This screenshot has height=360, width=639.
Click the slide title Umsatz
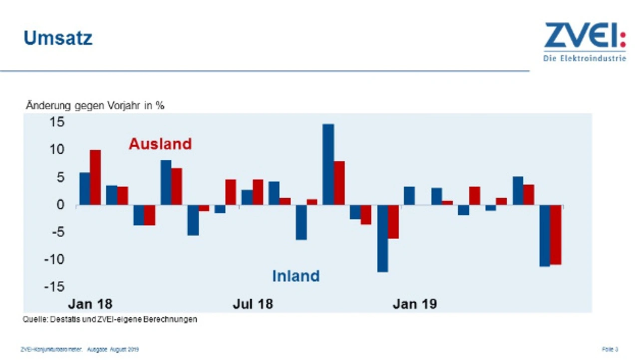click(x=58, y=38)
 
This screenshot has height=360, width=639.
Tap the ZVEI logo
click(x=585, y=35)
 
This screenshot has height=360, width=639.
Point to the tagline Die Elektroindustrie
click(x=585, y=58)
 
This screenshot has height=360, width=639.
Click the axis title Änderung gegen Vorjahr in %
click(x=95, y=106)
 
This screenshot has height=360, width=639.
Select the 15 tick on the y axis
click(x=57, y=122)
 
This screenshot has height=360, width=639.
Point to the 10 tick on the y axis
click(x=57, y=149)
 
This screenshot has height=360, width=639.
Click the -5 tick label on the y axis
click(x=55, y=232)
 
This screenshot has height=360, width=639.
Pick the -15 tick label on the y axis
click(x=53, y=287)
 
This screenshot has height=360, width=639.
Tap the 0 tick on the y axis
click(x=60, y=205)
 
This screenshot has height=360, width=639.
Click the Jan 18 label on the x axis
click(x=90, y=304)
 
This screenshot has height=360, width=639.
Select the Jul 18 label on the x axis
click(x=253, y=304)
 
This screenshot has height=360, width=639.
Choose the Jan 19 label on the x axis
click(x=414, y=304)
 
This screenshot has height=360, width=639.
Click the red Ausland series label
click(x=160, y=144)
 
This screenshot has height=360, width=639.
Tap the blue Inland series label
click(x=296, y=276)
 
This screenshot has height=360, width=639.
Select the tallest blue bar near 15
click(x=328, y=164)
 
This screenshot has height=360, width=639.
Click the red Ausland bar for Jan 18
click(x=95, y=177)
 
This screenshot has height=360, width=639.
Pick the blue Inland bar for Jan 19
click(x=409, y=196)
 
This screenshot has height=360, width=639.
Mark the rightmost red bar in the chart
click(x=556, y=235)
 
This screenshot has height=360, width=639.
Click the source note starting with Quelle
click(x=110, y=319)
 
